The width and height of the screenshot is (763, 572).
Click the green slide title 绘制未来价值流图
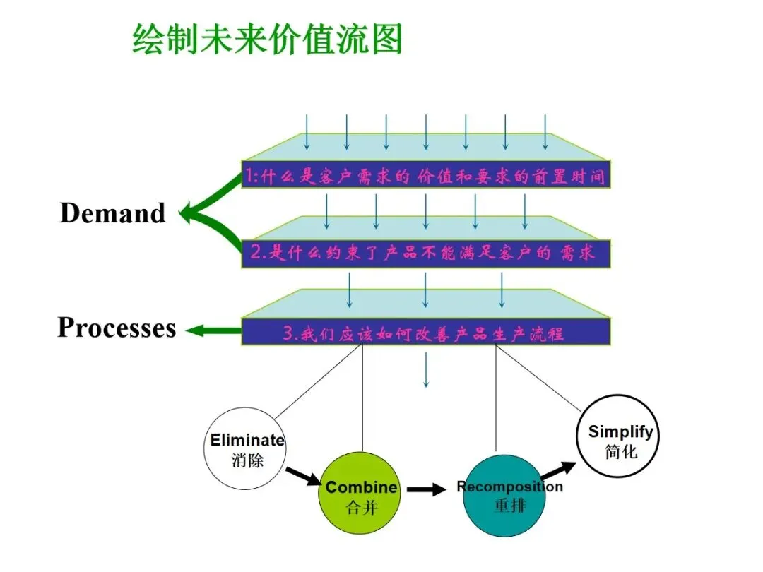[x=267, y=39]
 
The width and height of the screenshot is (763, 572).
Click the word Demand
[x=112, y=213]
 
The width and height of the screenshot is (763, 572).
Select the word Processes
[x=117, y=328]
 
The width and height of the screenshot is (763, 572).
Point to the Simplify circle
[x=621, y=436]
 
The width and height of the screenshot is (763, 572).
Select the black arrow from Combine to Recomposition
[x=426, y=489]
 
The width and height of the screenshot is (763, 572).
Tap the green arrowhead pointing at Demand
[x=188, y=212]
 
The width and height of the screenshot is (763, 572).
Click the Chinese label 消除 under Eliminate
[x=247, y=461]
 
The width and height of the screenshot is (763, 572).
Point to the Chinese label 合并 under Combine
[x=362, y=507]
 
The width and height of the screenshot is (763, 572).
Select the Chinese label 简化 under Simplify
[x=621, y=451]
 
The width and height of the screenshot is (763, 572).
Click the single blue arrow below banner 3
[x=426, y=370]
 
